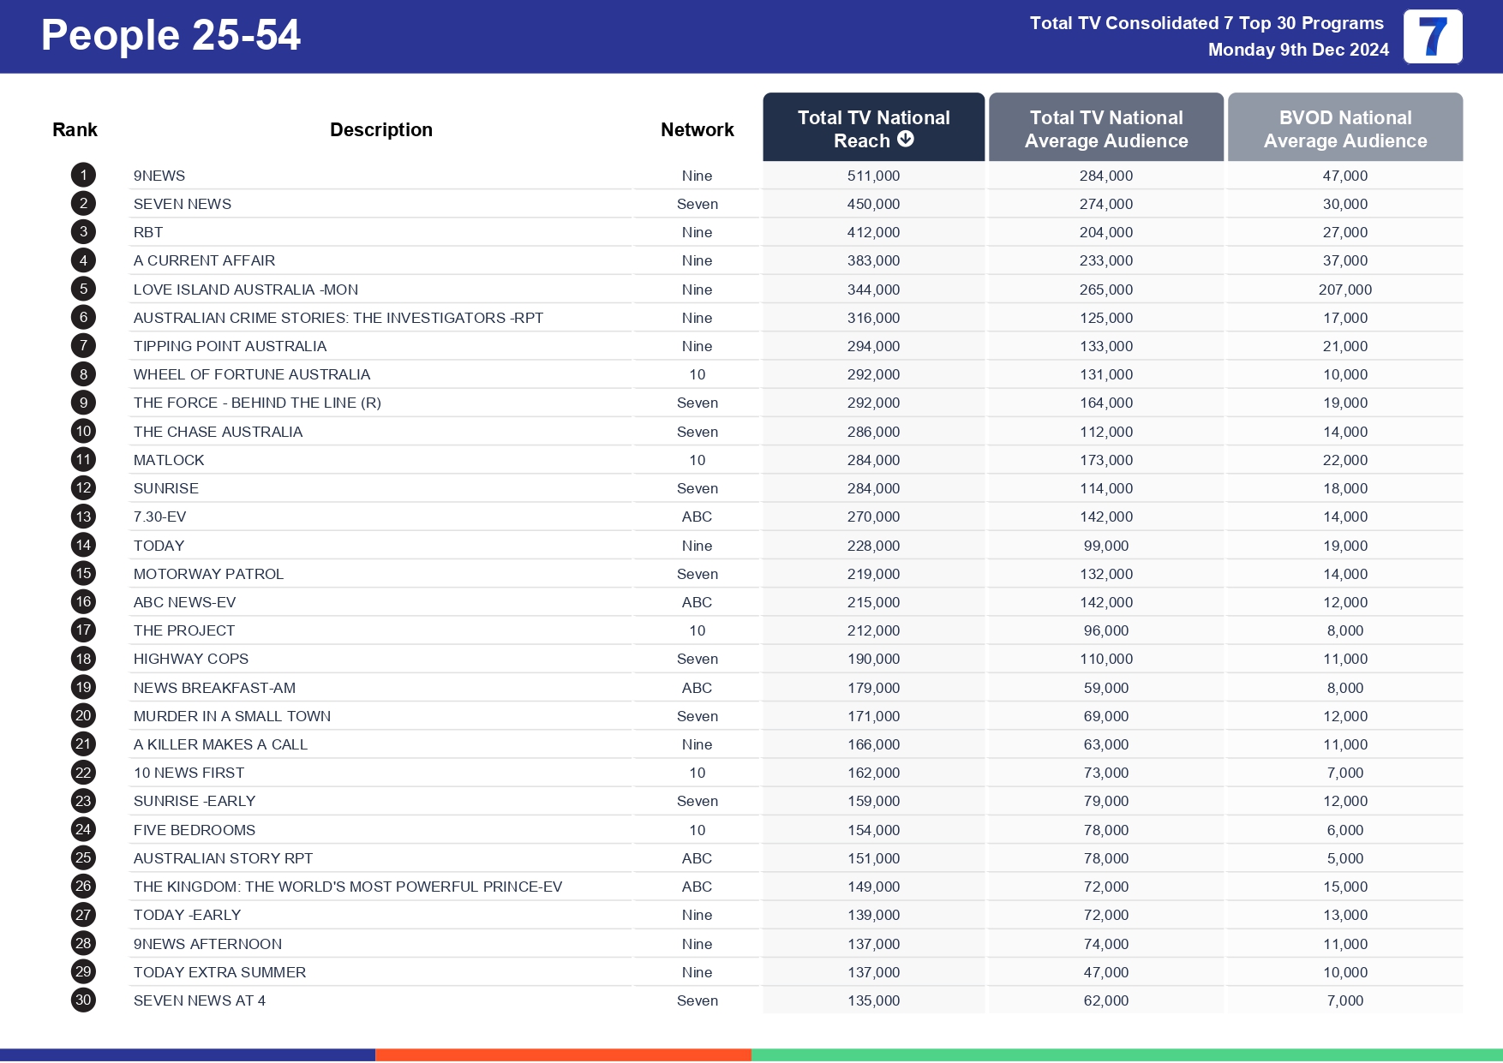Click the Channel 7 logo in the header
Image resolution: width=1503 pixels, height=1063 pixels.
click(x=1433, y=37)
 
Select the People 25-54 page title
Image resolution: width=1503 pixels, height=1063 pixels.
click(x=171, y=36)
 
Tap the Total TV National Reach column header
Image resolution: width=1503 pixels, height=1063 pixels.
click(x=873, y=128)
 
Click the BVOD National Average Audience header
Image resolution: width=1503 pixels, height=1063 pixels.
click(x=1344, y=128)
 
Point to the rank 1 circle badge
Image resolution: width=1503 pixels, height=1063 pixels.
click(x=83, y=176)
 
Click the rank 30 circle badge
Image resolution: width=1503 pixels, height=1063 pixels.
click(x=83, y=1000)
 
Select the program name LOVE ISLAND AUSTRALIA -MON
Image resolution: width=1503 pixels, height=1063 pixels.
click(x=246, y=290)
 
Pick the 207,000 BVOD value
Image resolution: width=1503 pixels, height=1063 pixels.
click(x=1344, y=290)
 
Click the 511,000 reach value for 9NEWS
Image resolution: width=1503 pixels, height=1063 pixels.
click(x=873, y=176)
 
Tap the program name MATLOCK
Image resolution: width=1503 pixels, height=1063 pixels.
click(x=169, y=460)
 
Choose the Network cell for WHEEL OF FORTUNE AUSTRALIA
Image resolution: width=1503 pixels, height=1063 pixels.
click(x=698, y=374)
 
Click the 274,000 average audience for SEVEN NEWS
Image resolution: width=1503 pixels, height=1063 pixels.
click(x=1105, y=204)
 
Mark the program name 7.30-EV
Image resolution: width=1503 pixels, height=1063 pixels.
click(x=159, y=517)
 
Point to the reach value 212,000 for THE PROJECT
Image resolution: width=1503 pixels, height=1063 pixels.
click(x=873, y=630)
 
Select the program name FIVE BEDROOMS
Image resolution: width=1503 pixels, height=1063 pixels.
click(x=195, y=830)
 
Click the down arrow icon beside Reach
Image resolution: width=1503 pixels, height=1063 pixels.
click(x=906, y=140)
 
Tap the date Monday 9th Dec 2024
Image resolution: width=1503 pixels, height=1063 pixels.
click(x=1298, y=50)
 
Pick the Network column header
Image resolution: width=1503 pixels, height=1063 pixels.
click(x=698, y=129)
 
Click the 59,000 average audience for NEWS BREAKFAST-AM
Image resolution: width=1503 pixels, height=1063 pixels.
click(x=1105, y=688)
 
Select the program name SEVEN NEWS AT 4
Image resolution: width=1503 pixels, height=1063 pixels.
click(x=200, y=1000)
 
